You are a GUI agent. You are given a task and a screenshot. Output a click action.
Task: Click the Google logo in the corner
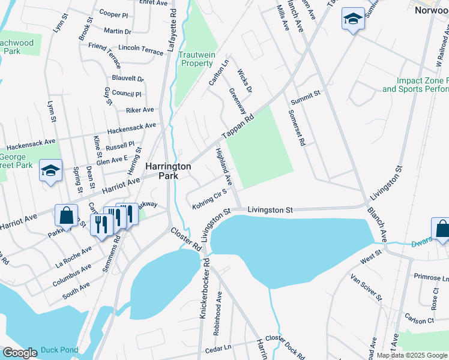pyautogui.click(x=19, y=353)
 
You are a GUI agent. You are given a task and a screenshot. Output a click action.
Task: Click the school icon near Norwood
pyautogui.click(x=352, y=19)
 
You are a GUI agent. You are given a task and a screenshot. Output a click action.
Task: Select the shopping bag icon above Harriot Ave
pyautogui.click(x=66, y=215)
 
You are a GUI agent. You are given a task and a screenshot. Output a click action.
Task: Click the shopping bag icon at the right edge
pyautogui.click(x=441, y=229)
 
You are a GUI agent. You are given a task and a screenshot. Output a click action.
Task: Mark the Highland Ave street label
pyautogui.click(x=223, y=166)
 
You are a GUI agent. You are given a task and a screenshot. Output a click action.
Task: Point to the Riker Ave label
pyautogui.click(x=139, y=110)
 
